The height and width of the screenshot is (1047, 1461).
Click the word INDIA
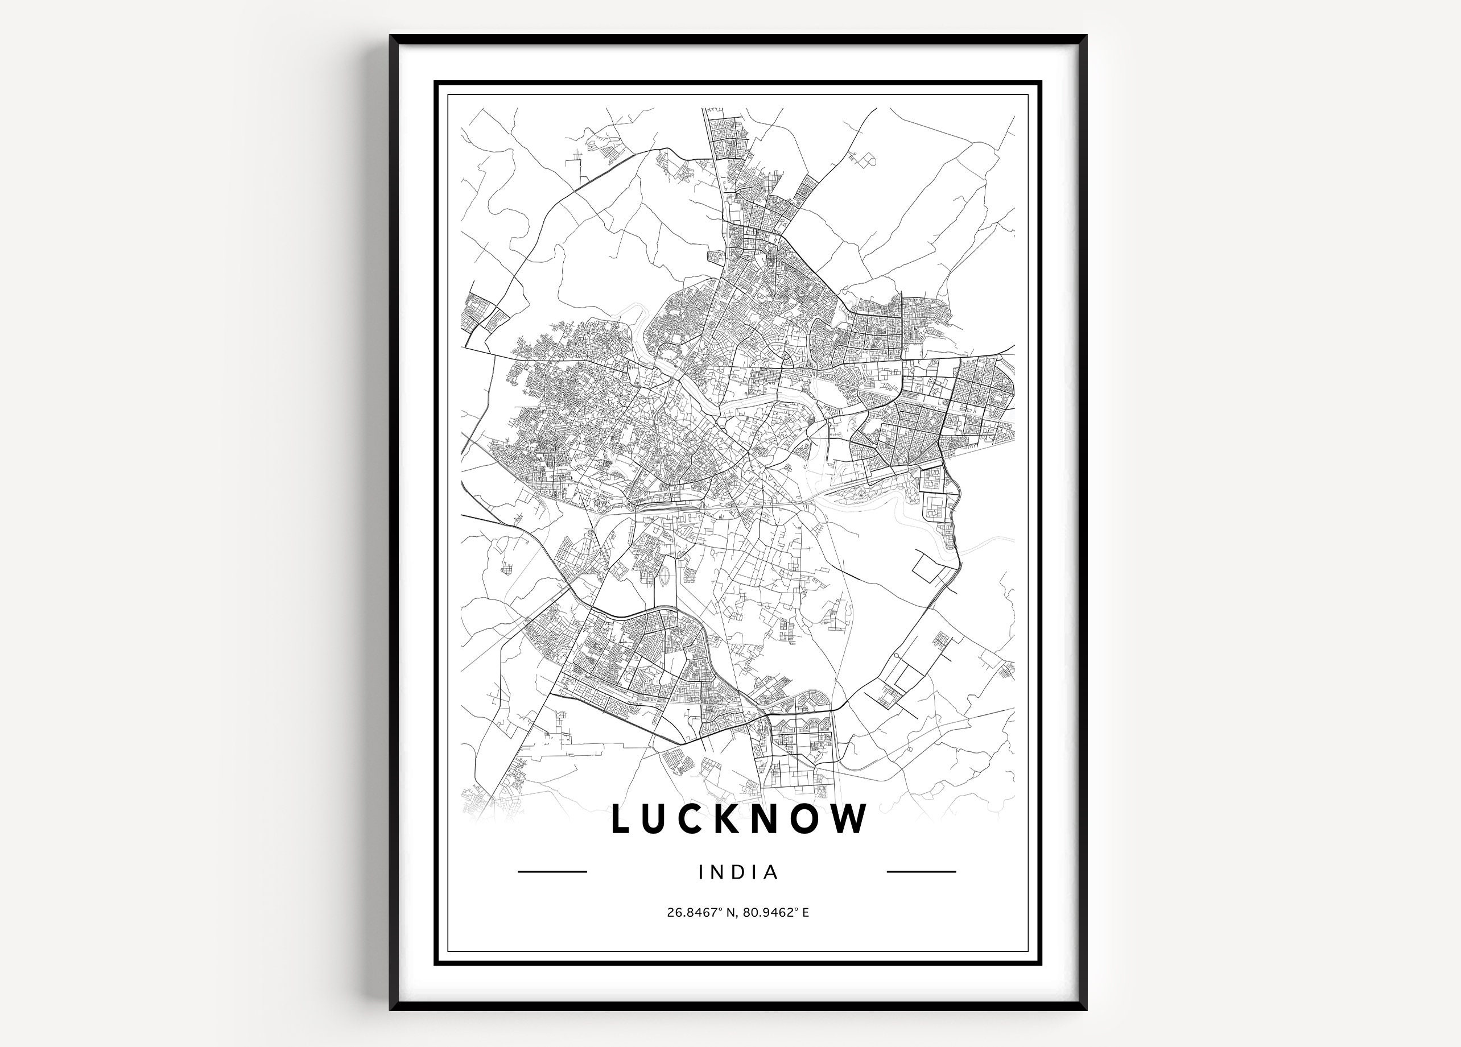(738, 872)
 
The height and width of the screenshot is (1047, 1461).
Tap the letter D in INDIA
(739, 872)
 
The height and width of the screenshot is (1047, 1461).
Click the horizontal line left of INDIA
(552, 872)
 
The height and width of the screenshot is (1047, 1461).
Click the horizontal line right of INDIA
(921, 872)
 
